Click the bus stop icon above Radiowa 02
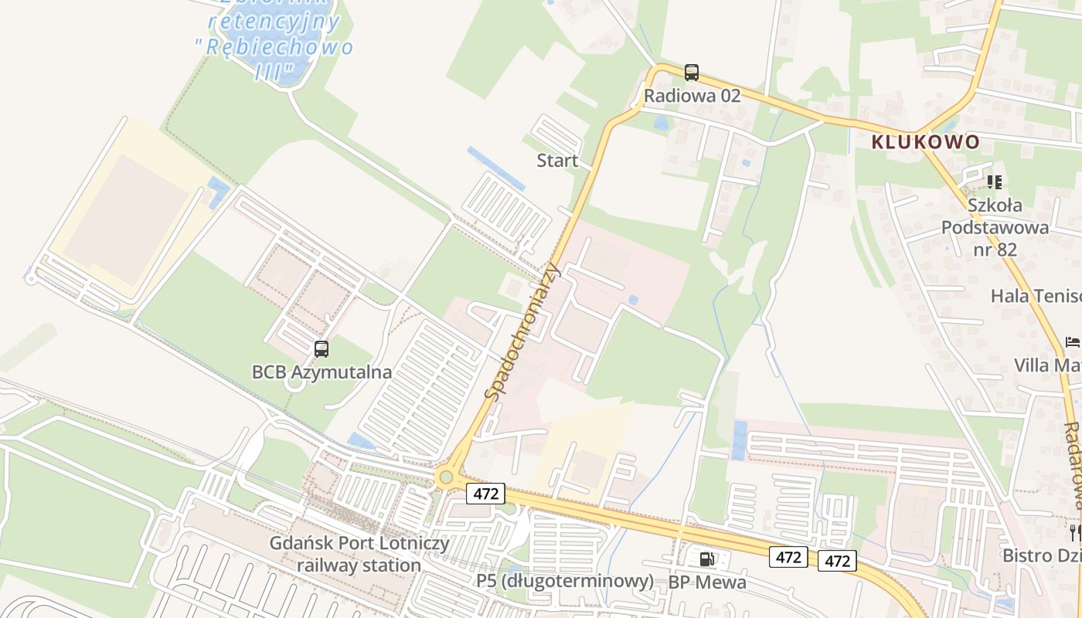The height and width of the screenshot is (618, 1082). [x=692, y=73]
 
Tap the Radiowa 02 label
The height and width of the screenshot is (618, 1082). [x=692, y=96]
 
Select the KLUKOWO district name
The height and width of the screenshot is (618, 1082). [x=925, y=142]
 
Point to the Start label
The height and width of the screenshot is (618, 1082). [x=557, y=161]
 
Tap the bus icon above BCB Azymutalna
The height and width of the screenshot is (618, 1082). [x=322, y=349]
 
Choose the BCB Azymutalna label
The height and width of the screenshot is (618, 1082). [x=322, y=372]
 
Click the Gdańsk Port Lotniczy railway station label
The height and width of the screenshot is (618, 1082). [x=359, y=554]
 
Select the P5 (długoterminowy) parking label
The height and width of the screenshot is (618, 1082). [x=564, y=581]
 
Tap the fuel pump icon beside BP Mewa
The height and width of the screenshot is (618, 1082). [x=706, y=559]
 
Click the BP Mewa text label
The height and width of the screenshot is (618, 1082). [x=707, y=582]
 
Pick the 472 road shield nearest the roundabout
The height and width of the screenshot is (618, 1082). [x=485, y=494]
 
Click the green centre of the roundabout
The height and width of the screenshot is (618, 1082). [x=445, y=477]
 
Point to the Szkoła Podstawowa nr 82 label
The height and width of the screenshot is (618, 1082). [x=995, y=227]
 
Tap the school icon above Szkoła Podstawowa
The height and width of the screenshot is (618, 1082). [x=995, y=182]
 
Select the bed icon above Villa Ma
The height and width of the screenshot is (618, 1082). [x=1073, y=341]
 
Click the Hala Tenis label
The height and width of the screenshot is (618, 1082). [x=1036, y=296]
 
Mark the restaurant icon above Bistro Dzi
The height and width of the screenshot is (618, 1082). [x=1074, y=532]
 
